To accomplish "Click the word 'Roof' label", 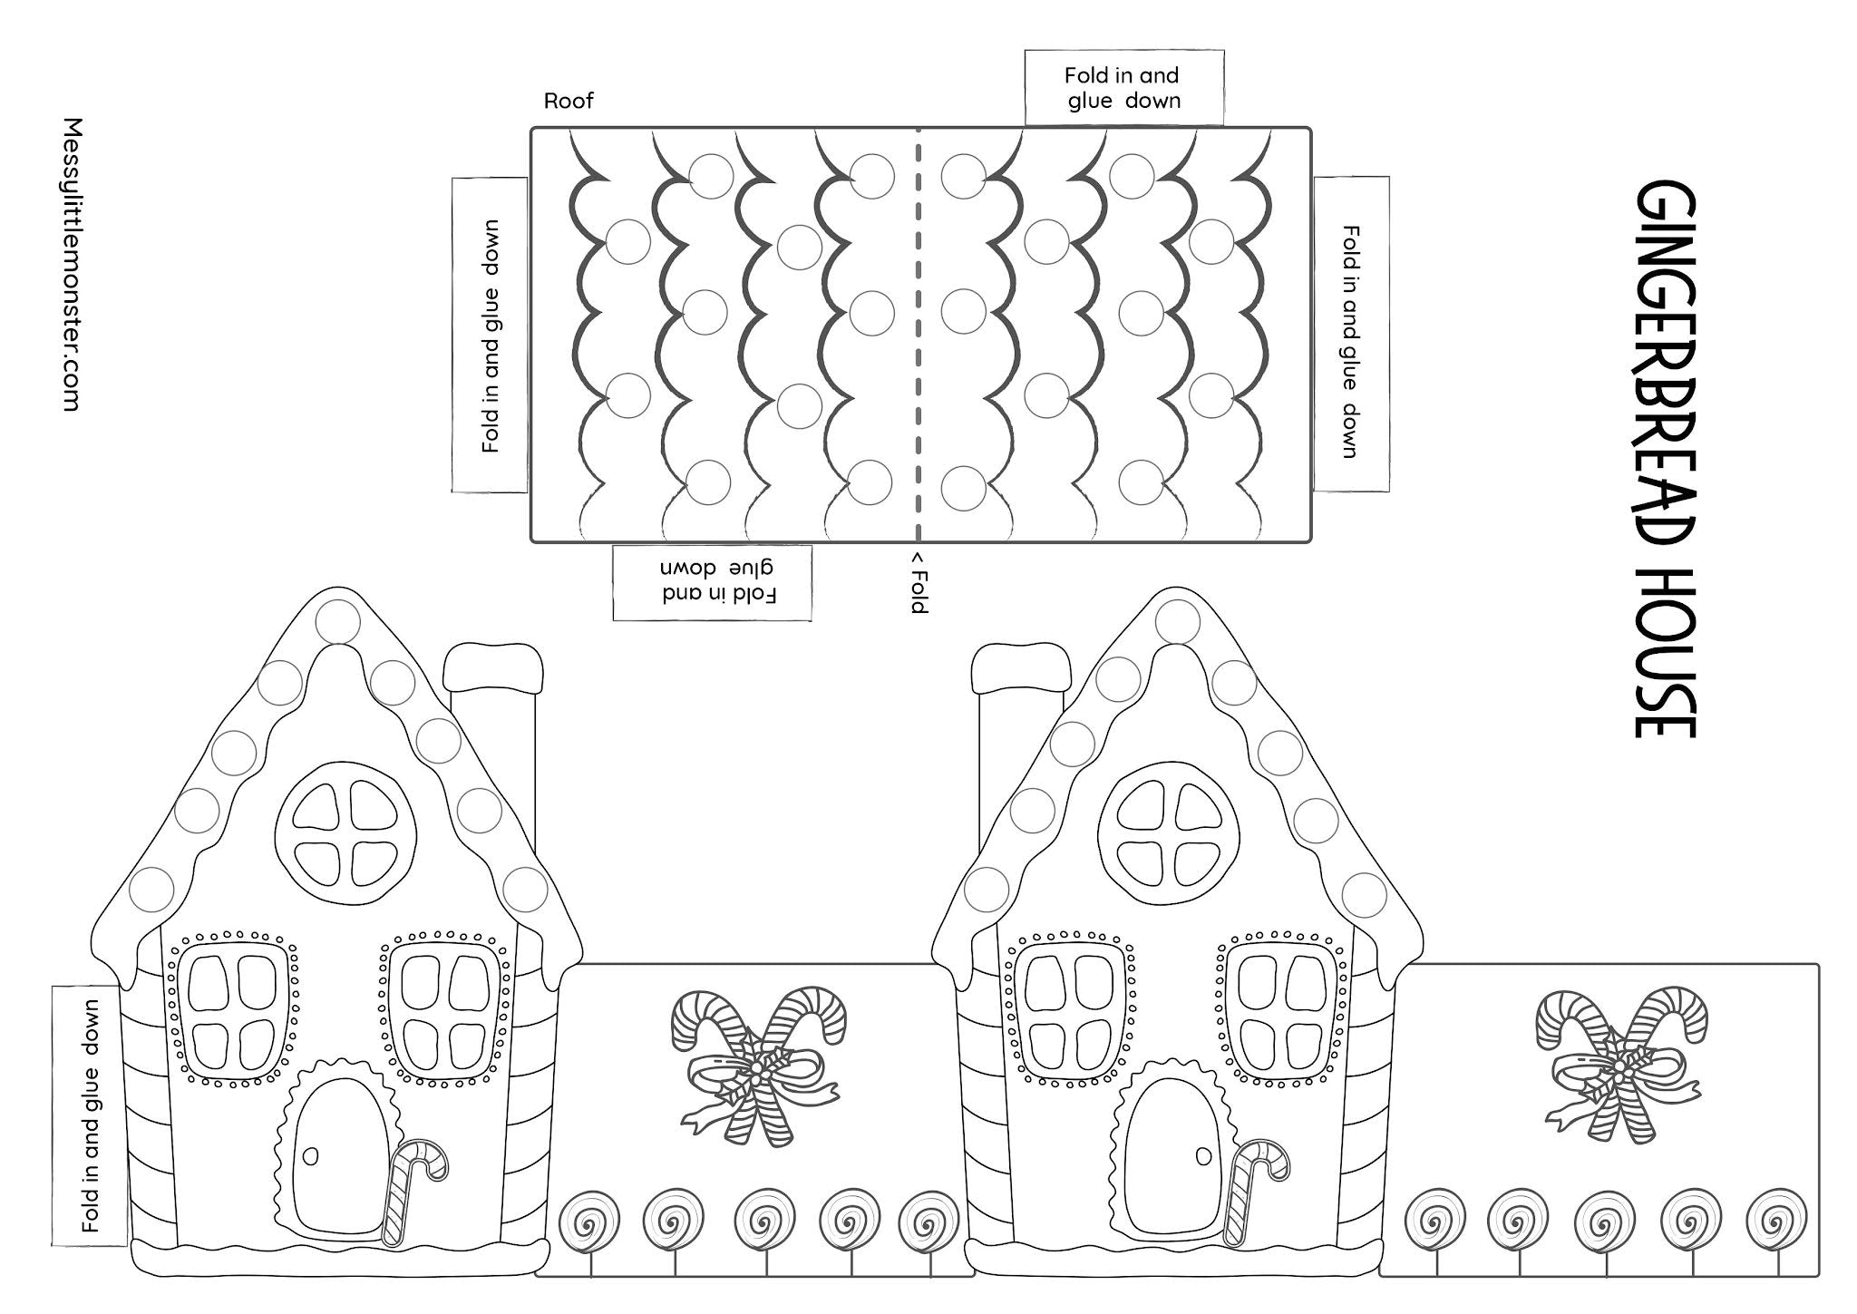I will coord(569,101).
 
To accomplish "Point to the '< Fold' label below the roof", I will coord(919,581).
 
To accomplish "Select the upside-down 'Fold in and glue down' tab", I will coord(712,583).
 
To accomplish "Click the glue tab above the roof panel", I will coord(1123,88).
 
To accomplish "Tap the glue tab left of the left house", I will coord(88,1115).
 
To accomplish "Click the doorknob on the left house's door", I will coord(311,1155).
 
